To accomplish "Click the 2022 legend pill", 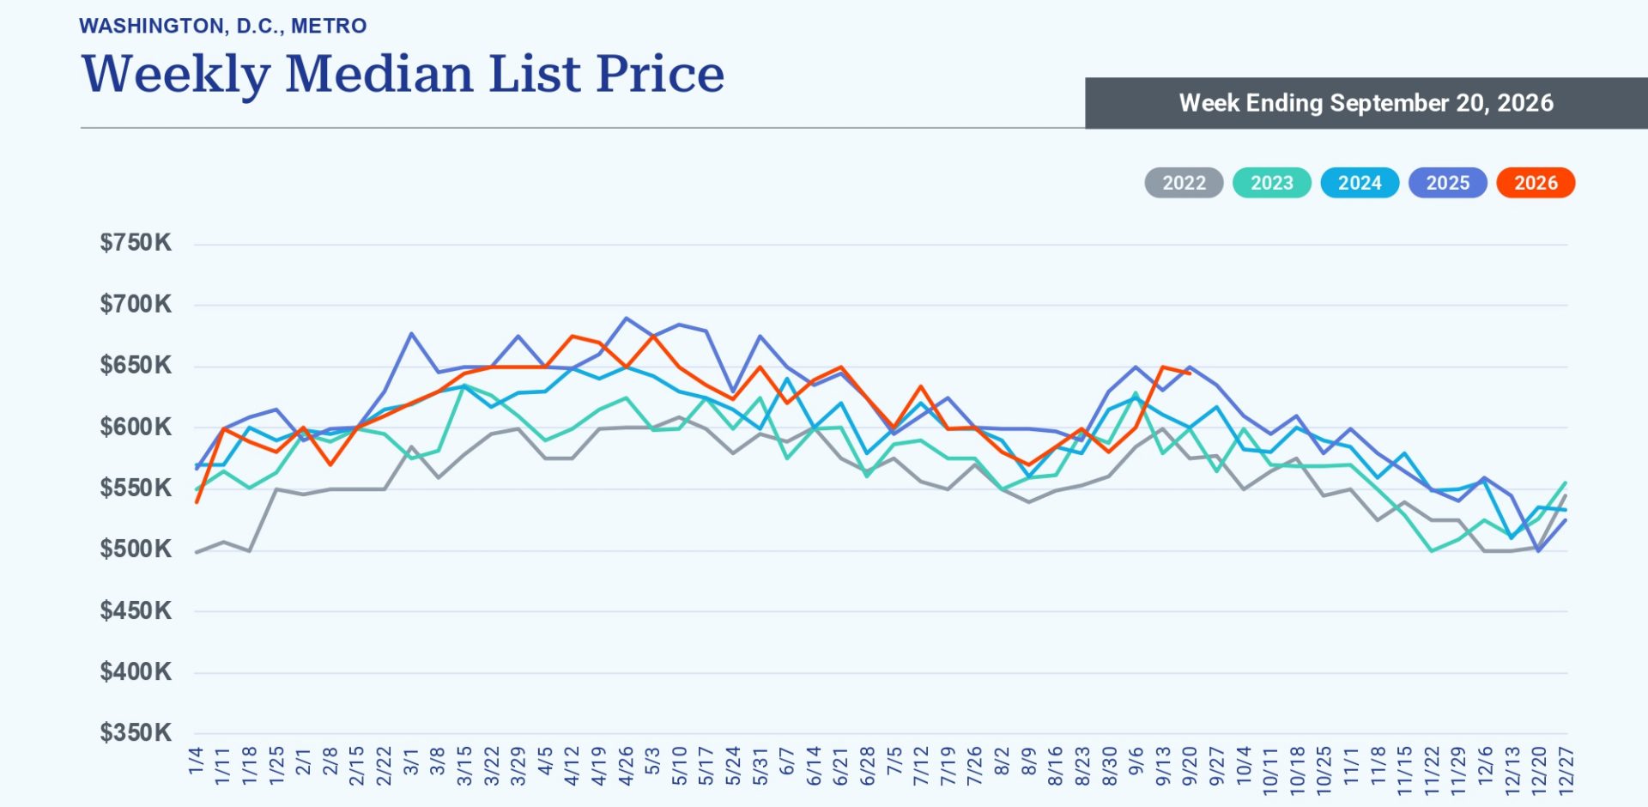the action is tap(1184, 183).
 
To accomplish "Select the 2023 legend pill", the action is tap(1272, 183).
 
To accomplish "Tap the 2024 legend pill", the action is tap(1360, 183).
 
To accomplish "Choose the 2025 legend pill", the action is tap(1448, 183).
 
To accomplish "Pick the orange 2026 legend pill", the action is tap(1536, 183).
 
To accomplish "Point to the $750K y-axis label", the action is tap(136, 243).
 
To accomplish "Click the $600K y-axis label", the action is tap(136, 427).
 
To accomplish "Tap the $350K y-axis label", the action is tap(136, 733).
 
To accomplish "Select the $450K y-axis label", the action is tap(136, 611).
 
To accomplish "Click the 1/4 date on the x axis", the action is tap(196, 761).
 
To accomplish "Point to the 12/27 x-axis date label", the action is tap(1566, 770).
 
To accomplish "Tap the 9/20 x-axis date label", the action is tap(1190, 766).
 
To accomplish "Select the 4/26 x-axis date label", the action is tap(627, 766).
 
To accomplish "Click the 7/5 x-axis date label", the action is tap(894, 761).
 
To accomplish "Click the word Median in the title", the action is tap(379, 74).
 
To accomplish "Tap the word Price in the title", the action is tap(660, 74).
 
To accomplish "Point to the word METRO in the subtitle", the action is tap(329, 26).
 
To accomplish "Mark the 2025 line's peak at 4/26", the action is tap(627, 319).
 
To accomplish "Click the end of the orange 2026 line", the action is tap(1190, 373).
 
